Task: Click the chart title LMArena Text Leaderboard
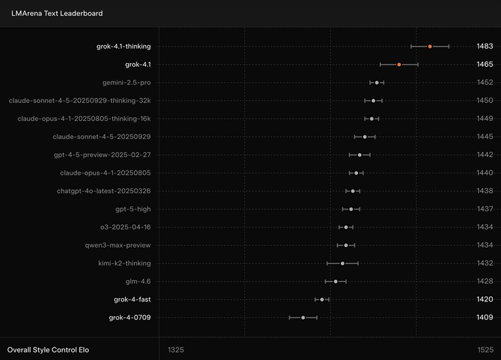point(57,14)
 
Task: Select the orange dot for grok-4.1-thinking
point(430,47)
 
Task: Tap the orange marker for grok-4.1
point(399,65)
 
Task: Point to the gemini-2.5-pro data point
point(377,83)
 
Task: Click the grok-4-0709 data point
point(303,317)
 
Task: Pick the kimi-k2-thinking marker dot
point(342,263)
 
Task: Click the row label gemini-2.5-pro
point(126,83)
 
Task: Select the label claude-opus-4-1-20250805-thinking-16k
point(84,119)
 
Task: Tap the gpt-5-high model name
point(133,209)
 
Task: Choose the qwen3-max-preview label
point(118,245)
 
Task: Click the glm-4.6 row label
point(138,281)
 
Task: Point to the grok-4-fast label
point(132,299)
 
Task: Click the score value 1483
point(484,47)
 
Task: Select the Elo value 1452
point(484,83)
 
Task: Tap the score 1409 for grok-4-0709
point(484,317)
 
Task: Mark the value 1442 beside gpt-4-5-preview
point(484,155)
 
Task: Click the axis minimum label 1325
point(176,349)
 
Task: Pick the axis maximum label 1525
point(484,349)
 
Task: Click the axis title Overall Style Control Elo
point(48,349)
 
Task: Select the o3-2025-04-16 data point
point(346,227)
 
